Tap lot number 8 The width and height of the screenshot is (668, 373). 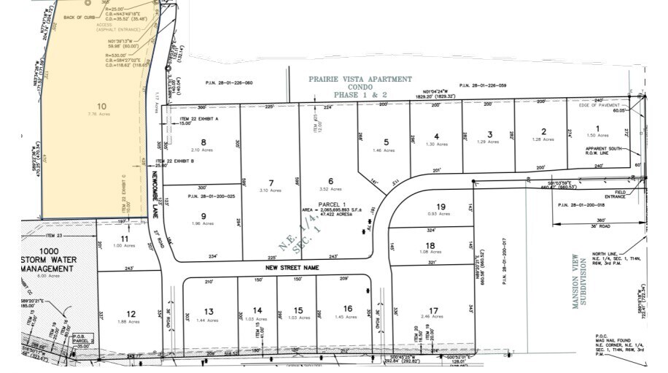[x=203, y=142]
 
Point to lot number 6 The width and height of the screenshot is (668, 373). [x=330, y=181]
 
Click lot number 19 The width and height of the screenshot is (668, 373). [x=440, y=207]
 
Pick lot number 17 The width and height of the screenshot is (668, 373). [x=435, y=309]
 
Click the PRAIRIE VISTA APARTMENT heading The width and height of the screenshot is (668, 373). [x=360, y=79]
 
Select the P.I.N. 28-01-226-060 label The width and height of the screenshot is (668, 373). [x=229, y=83]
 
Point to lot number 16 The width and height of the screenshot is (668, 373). [x=347, y=309]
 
